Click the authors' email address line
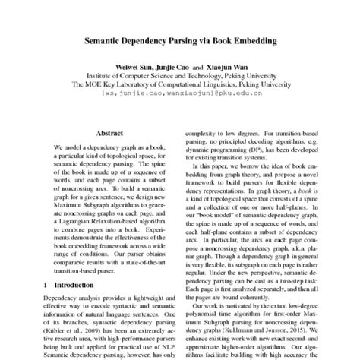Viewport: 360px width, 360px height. (x=179, y=98)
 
